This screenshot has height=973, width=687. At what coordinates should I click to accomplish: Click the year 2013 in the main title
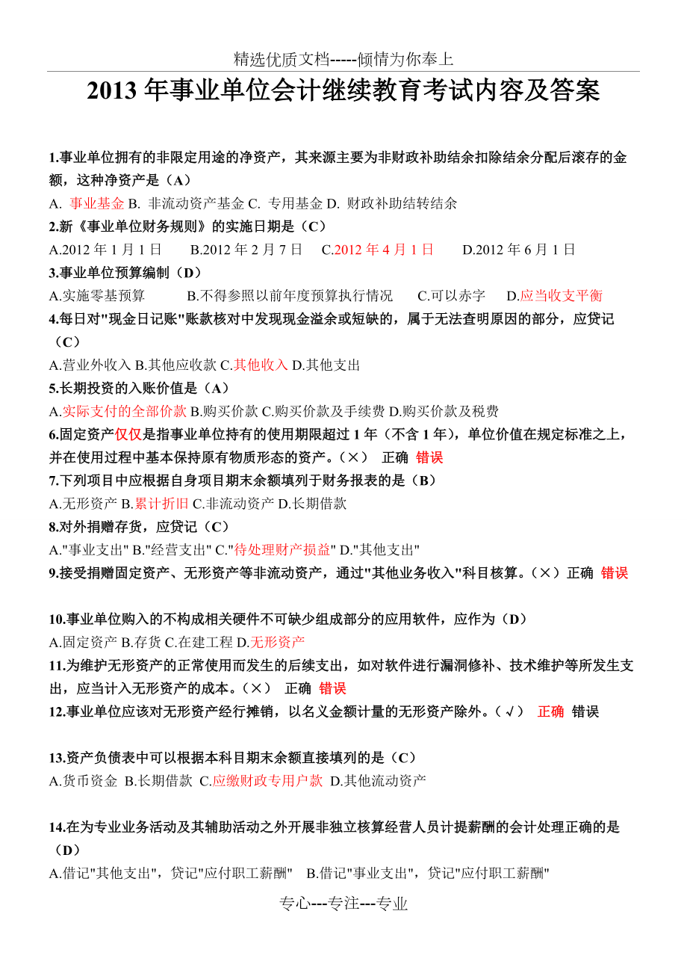[x=112, y=90]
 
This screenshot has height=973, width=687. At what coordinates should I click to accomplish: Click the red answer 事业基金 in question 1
[x=97, y=203]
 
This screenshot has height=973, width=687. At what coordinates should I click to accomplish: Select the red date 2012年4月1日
[x=384, y=250]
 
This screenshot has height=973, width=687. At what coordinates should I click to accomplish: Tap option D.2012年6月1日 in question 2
[x=519, y=250]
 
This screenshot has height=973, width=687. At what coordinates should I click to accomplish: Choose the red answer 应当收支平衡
[x=561, y=296]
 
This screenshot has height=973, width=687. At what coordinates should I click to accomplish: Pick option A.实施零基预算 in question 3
[x=97, y=296]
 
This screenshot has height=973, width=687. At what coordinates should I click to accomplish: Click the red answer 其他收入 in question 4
[x=261, y=365]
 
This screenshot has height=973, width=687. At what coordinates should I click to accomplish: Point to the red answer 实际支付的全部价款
[x=124, y=411]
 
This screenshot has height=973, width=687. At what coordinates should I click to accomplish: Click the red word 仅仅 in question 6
[x=128, y=435]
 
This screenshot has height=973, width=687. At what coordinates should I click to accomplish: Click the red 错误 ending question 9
[x=615, y=573]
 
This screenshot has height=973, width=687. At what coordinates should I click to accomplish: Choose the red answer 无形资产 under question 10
[x=278, y=642]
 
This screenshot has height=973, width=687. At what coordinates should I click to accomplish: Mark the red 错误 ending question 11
[x=332, y=688]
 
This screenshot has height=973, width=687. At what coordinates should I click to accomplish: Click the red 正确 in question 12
[x=551, y=711]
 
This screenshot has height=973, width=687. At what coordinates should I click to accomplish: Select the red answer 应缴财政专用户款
[x=267, y=781]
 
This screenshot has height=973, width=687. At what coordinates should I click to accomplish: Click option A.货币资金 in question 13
[x=84, y=781]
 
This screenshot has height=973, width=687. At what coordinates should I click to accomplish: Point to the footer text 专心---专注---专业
[x=343, y=903]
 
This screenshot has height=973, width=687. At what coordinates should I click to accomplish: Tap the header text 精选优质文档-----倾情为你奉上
[x=343, y=59]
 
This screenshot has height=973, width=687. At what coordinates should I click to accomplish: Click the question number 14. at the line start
[x=57, y=827]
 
